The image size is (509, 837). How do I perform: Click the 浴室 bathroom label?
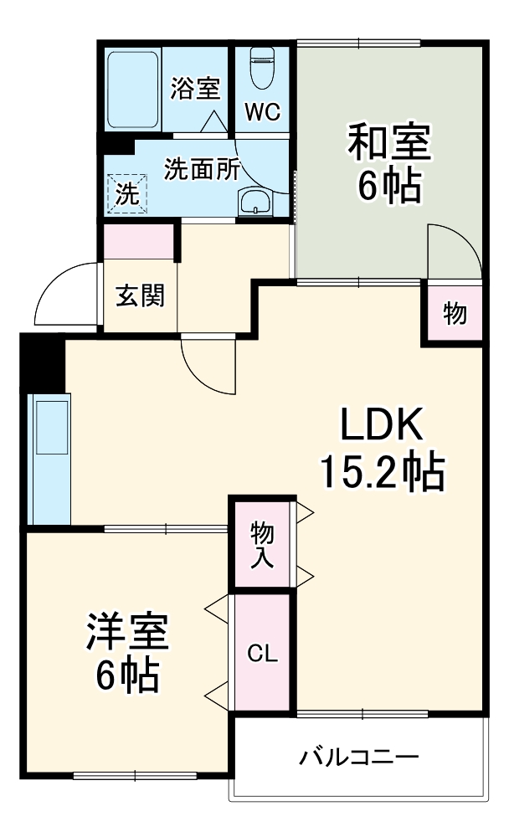[x=195, y=89]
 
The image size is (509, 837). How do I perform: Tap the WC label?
[x=262, y=112]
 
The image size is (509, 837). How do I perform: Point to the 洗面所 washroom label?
[x=201, y=169]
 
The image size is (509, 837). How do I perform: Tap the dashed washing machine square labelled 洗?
[x=126, y=193]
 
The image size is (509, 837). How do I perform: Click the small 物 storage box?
[x=455, y=313]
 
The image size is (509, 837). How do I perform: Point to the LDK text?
[x=382, y=427]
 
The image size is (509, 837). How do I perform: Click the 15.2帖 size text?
[x=382, y=474]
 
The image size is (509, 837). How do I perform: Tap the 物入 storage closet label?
[x=262, y=542]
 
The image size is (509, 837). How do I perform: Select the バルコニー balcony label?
[x=359, y=758]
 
